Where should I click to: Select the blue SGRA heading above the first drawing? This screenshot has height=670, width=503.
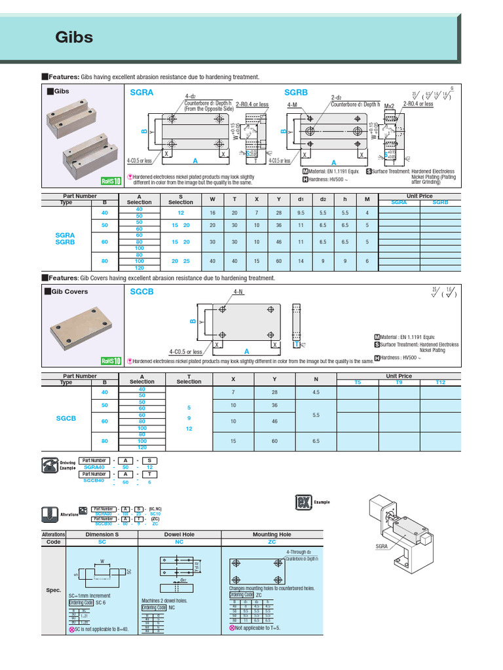pos(141,93)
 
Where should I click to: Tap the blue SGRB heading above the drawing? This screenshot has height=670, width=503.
pos(295,93)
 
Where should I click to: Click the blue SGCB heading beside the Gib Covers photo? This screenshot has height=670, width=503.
pos(141,291)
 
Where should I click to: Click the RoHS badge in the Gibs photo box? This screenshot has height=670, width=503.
pos(111,182)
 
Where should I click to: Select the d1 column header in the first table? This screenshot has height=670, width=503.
pos(301,199)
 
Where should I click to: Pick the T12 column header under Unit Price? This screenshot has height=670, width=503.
pos(439,381)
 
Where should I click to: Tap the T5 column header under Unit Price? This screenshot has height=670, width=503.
pos(357,381)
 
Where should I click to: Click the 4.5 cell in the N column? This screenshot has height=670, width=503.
pos(316,392)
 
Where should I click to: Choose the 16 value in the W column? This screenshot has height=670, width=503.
pos(212,213)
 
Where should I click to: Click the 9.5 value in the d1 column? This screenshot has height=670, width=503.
pos(301,213)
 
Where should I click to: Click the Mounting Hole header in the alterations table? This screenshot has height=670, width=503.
pos(272,535)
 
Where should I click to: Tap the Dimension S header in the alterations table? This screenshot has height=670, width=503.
pos(102,535)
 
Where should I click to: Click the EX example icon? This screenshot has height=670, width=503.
pos(303,502)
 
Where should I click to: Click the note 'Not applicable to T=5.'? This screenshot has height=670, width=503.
pos(259,627)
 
